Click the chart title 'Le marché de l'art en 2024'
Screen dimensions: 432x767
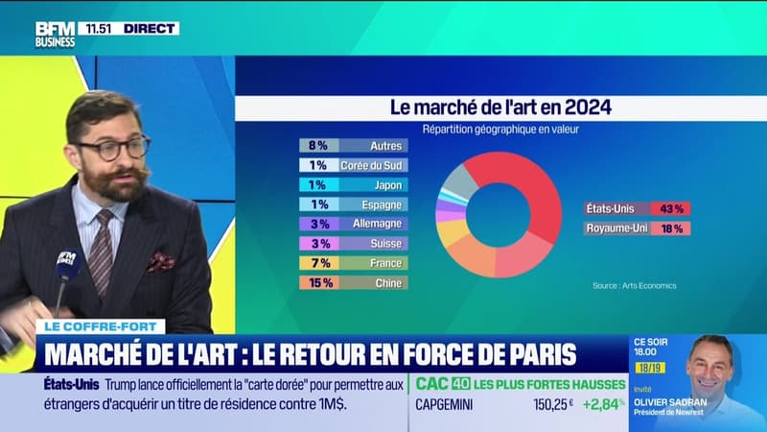click(x=499, y=108)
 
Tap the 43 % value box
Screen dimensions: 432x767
click(x=669, y=208)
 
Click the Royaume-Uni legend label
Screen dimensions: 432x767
click(x=616, y=228)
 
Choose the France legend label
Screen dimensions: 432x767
click(x=385, y=262)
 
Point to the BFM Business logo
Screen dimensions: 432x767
click(x=56, y=35)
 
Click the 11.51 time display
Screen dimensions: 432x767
click(x=99, y=29)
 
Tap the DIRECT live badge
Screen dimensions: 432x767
click(x=150, y=29)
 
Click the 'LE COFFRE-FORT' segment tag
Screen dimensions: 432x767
click(x=100, y=326)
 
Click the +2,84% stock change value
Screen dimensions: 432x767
click(x=601, y=405)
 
